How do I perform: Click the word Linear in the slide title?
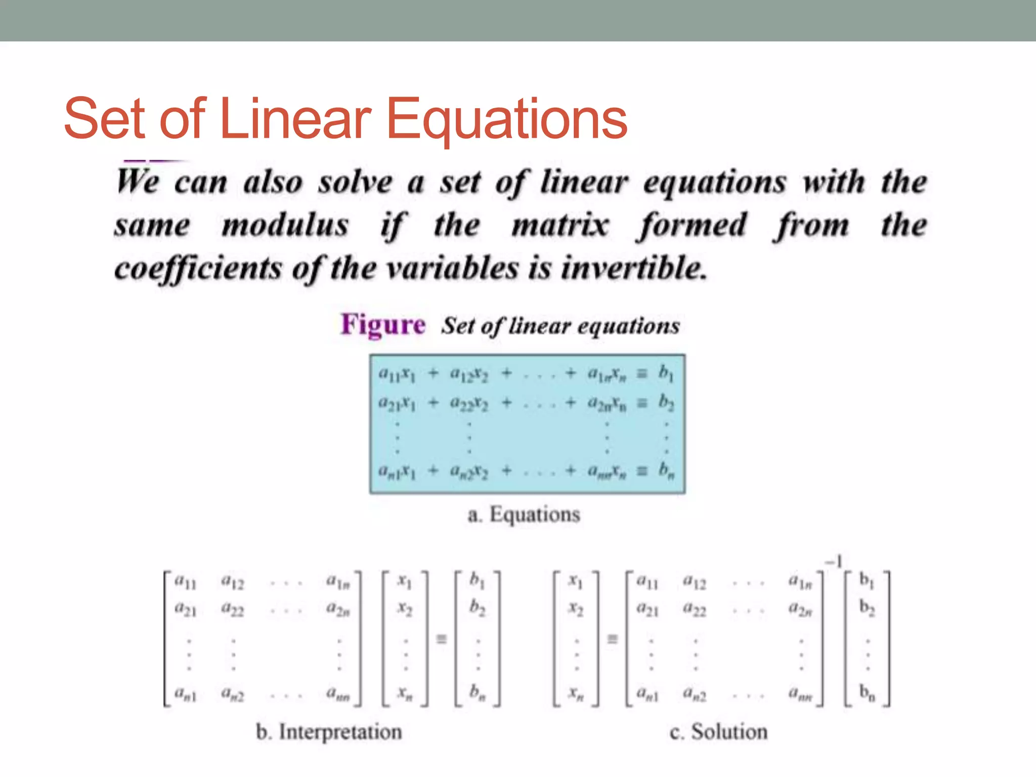296,119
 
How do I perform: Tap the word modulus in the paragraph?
285,225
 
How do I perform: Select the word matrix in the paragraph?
560,225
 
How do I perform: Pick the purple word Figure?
383,325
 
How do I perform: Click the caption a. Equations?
524,514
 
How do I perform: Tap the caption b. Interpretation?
329,732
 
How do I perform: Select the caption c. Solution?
718,732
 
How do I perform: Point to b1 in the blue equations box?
666,373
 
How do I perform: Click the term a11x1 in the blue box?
397,374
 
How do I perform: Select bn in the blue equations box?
666,471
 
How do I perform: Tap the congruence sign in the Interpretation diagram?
442,639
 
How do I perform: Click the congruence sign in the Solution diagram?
613,639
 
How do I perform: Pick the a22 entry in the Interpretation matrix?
233,610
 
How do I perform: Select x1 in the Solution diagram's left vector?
576,582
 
